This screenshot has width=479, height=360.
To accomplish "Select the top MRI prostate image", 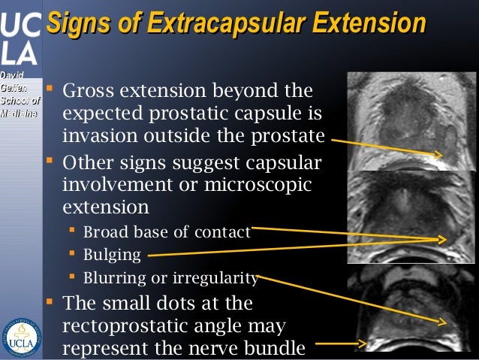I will point(412,121).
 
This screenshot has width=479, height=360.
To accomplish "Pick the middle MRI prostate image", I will point(412,217).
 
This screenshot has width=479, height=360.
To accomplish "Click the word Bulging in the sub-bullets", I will point(113,255).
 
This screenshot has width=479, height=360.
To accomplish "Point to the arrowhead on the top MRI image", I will point(438,155).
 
